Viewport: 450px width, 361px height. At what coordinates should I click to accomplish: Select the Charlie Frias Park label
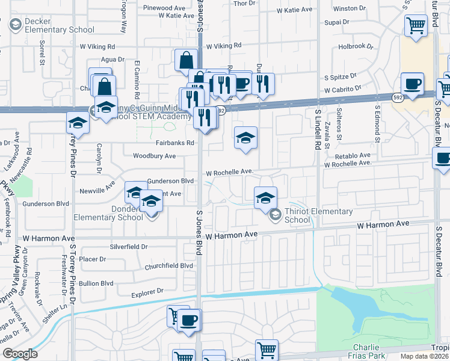pyautogui.click(x=366, y=351)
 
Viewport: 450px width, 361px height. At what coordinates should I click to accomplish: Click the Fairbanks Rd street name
pyautogui.click(x=175, y=143)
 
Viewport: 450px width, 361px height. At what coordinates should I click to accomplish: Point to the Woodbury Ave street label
pyautogui.click(x=154, y=156)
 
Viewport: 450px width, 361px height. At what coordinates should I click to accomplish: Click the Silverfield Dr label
pyautogui.click(x=128, y=247)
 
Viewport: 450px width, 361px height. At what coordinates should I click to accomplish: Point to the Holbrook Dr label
pyautogui.click(x=356, y=46)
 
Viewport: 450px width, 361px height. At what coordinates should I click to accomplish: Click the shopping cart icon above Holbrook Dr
pyautogui.click(x=415, y=26)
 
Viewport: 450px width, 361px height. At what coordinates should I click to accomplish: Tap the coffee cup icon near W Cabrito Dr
pyautogui.click(x=412, y=84)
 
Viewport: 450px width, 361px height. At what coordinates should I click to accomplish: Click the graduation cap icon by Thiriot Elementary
pyautogui.click(x=265, y=197)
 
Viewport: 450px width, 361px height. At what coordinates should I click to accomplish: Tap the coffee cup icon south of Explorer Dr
pyautogui.click(x=189, y=319)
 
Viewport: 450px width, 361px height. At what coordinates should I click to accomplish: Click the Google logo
pyautogui.click(x=20, y=354)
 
